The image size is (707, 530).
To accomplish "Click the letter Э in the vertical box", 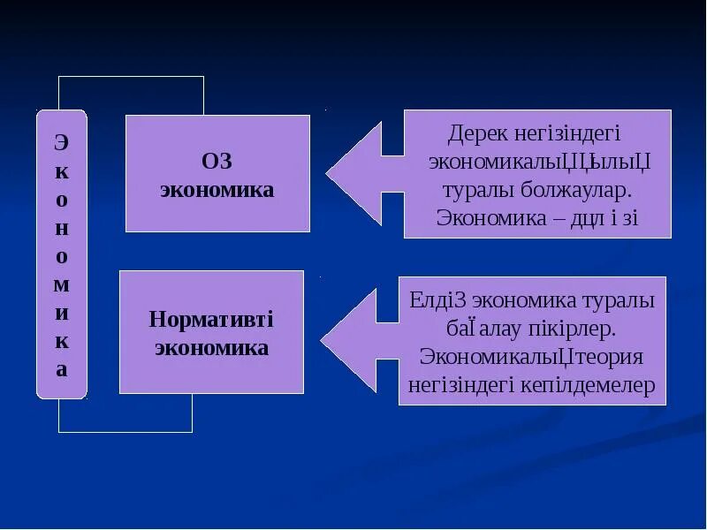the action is click(x=61, y=141).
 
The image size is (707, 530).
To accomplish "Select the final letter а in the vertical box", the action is click(x=61, y=368).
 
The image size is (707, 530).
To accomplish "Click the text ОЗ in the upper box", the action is click(x=217, y=162).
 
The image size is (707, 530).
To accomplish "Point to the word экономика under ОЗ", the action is click(x=217, y=189).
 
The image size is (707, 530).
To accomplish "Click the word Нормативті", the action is click(x=211, y=319).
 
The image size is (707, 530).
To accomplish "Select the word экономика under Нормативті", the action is click(x=211, y=347).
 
